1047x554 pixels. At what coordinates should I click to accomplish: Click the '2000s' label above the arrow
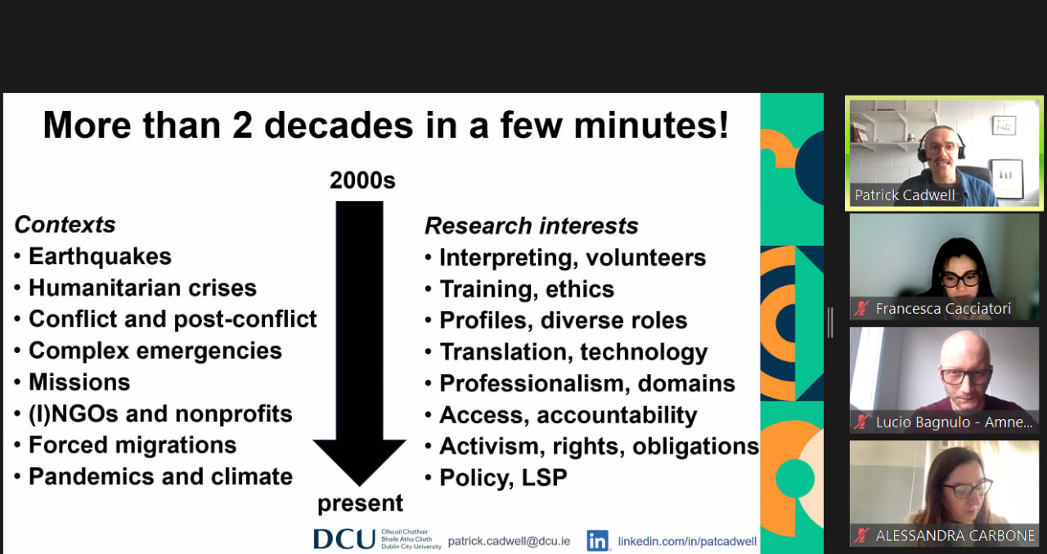(x=362, y=181)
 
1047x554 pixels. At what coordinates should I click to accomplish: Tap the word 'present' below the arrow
(x=360, y=503)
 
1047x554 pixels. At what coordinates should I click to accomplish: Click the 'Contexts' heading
(x=65, y=225)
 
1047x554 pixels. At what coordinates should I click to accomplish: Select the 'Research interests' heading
(x=532, y=226)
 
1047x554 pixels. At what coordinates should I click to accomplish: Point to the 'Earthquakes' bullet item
(x=100, y=257)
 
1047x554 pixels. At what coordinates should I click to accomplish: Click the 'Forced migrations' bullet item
(x=133, y=445)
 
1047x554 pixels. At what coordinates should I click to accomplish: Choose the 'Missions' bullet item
(x=79, y=382)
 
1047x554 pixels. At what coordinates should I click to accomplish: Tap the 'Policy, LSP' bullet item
(x=503, y=478)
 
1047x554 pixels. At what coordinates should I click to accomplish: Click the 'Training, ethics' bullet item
(x=527, y=289)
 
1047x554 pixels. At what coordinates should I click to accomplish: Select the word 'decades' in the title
(x=339, y=126)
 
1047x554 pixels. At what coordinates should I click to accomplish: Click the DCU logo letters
(x=344, y=539)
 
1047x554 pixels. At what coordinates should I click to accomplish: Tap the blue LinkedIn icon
(x=598, y=541)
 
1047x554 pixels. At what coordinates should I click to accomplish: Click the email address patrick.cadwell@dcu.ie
(x=509, y=542)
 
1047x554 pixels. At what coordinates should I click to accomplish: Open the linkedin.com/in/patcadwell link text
(x=687, y=542)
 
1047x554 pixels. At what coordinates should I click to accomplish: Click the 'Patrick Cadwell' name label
(x=905, y=195)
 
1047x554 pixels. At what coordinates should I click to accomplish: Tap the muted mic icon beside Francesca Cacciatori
(x=861, y=309)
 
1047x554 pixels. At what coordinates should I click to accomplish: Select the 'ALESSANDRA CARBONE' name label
(x=955, y=536)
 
